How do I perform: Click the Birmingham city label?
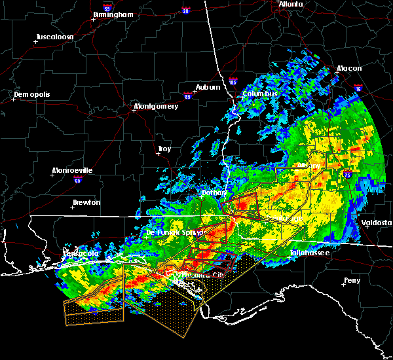(x=113, y=14)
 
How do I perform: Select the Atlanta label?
(x=290, y=4)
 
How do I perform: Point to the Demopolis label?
(x=31, y=94)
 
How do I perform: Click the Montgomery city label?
(x=156, y=106)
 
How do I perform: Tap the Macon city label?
(x=349, y=68)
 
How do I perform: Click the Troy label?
(x=164, y=149)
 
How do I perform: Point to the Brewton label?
(x=86, y=202)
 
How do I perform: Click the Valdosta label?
(x=377, y=223)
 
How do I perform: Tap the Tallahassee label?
(x=310, y=252)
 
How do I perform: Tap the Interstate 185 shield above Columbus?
(x=233, y=83)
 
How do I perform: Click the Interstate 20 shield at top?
(x=186, y=11)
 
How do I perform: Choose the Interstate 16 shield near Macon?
(x=358, y=88)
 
